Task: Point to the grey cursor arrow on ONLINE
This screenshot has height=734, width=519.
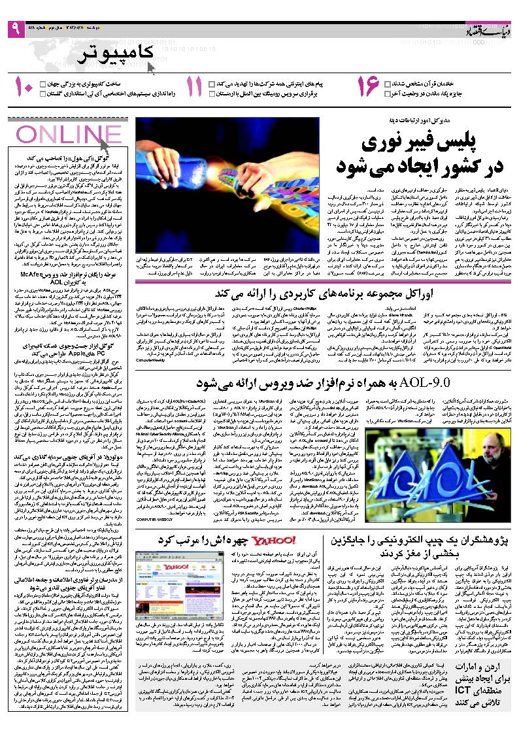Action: (x=105, y=137)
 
